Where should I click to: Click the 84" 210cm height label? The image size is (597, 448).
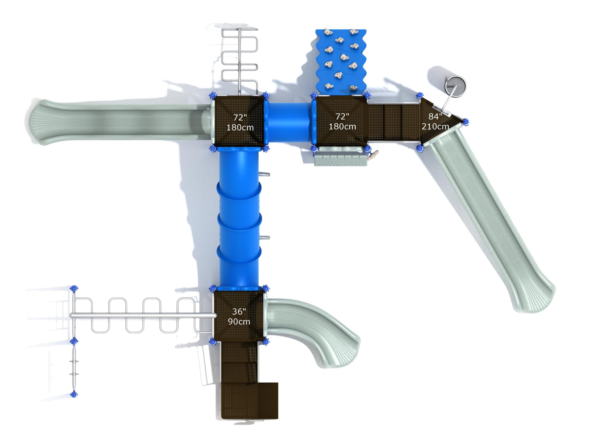click(x=435, y=121)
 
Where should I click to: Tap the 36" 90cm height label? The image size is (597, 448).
click(x=239, y=316)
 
